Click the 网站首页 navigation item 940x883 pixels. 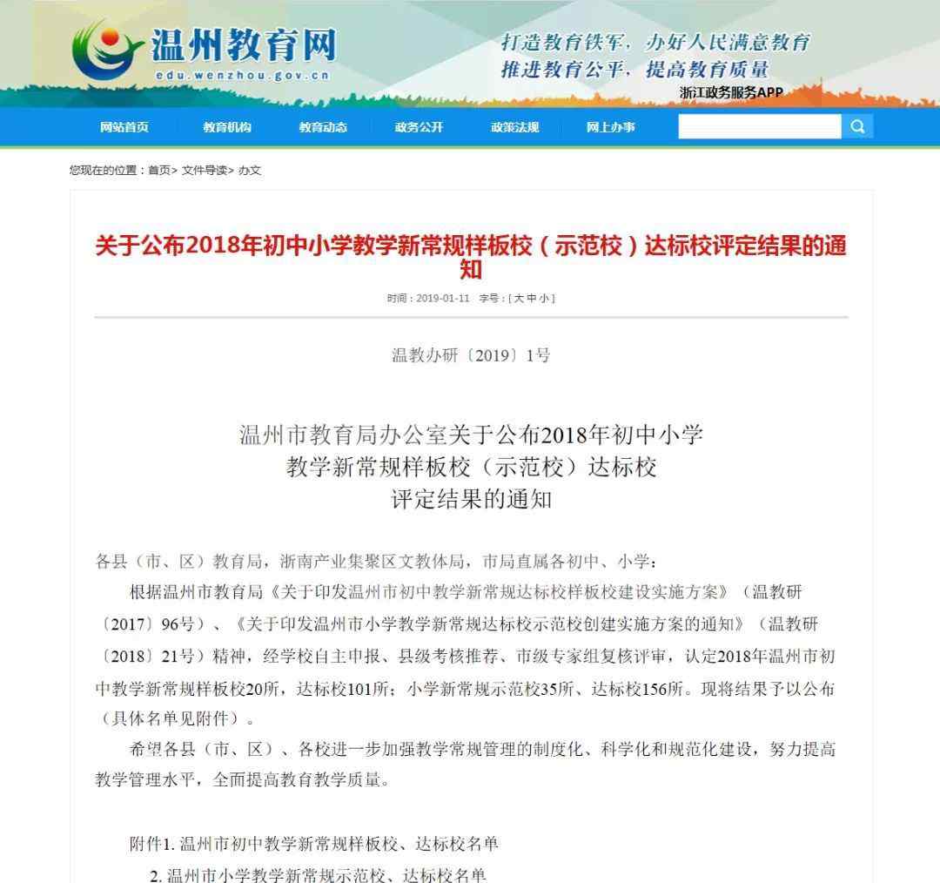coord(124,127)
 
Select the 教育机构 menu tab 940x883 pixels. coord(227,127)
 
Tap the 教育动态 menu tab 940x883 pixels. coord(323,127)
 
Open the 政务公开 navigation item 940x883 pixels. coord(419,127)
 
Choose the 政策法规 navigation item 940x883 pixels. coord(514,127)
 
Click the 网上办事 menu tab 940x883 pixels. coord(610,127)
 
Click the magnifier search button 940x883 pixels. coord(857,127)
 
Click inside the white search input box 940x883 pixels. coord(759,127)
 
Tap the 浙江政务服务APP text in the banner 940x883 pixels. coord(731,92)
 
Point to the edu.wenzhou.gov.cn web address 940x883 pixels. coord(243,76)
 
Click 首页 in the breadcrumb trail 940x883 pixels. coord(159,171)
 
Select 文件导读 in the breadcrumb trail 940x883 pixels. coord(205,171)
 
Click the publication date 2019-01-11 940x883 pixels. coord(442,298)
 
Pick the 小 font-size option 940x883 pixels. coord(544,298)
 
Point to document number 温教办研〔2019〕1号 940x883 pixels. coord(470,355)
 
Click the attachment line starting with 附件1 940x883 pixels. coord(314,844)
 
